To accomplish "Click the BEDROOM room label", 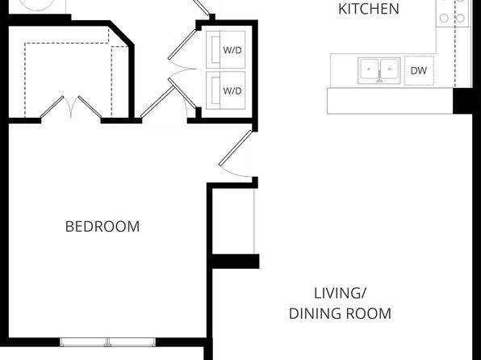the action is click(x=102, y=227).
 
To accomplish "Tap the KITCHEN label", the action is click(x=369, y=9).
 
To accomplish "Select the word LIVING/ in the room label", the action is click(x=340, y=293).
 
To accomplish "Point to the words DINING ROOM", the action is click(x=341, y=314).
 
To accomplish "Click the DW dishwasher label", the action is click(x=418, y=70).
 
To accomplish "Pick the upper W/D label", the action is click(x=232, y=50).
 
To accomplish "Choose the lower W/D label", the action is click(x=232, y=91).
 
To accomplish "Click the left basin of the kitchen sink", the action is click(x=369, y=69).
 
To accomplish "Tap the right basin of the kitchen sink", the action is click(x=389, y=69).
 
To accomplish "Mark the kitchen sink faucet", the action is click(x=379, y=77).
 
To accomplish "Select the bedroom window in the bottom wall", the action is click(x=107, y=342).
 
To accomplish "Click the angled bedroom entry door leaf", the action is click(x=236, y=149).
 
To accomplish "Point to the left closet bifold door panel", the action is click(x=52, y=107).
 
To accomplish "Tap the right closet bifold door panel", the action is click(x=90, y=107).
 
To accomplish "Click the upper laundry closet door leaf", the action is click(x=182, y=44).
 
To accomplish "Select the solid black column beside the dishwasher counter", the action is click(x=462, y=101).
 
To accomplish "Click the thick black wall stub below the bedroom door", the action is click(x=236, y=262).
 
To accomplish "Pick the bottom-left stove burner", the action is click(x=444, y=18).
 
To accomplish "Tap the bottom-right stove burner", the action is click(x=460, y=18).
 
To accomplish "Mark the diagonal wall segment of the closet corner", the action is click(x=122, y=33).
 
